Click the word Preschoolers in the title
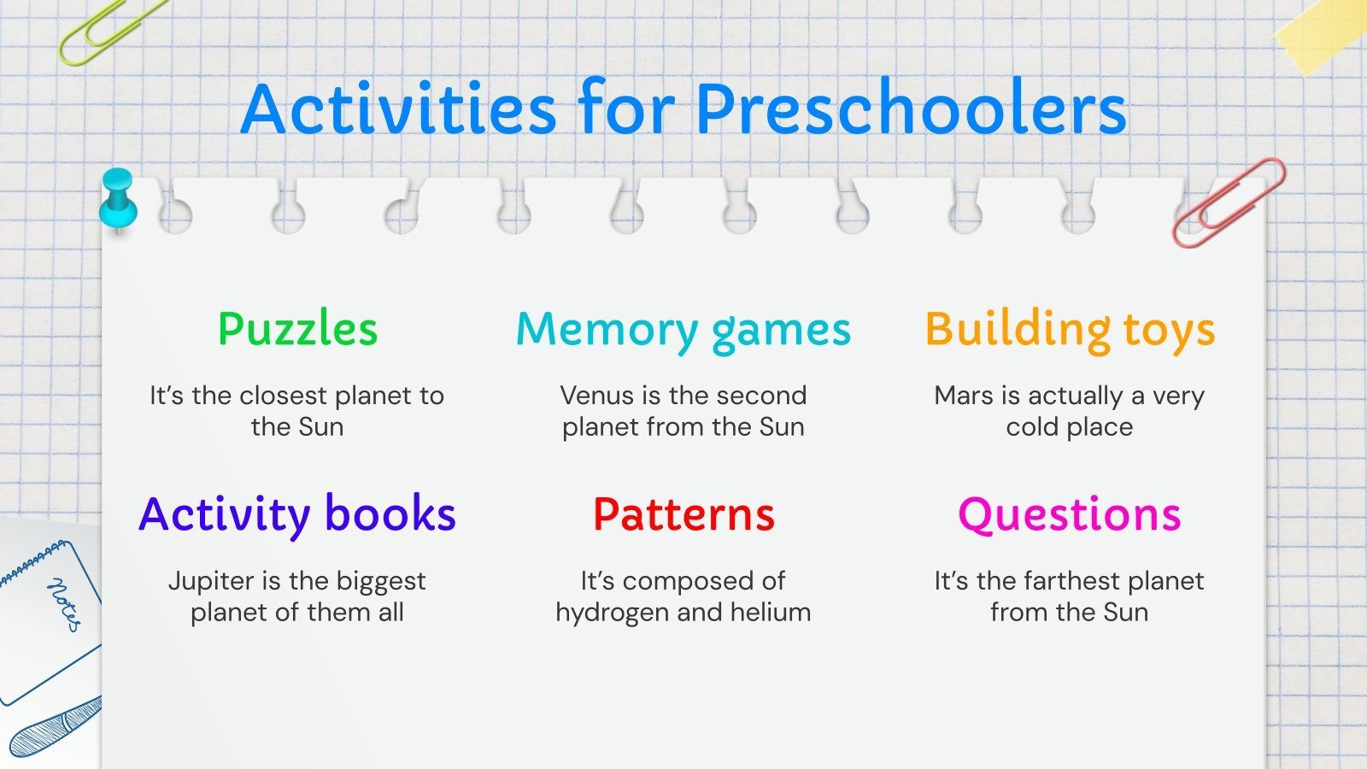911,109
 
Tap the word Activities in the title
398,108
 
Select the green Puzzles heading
298,330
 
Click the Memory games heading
683,332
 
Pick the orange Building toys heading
1070,330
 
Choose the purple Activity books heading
297,516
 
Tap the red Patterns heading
683,514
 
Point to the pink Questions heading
1069,516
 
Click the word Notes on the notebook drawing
64,604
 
